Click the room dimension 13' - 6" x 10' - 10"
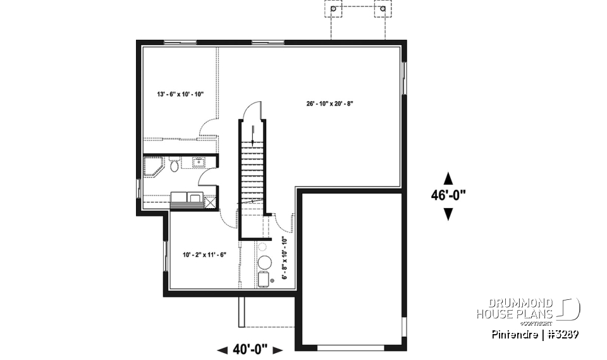(x=180, y=94)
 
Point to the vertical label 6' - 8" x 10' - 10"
(x=285, y=258)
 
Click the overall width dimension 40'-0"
(x=250, y=349)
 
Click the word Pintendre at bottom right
(x=513, y=334)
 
